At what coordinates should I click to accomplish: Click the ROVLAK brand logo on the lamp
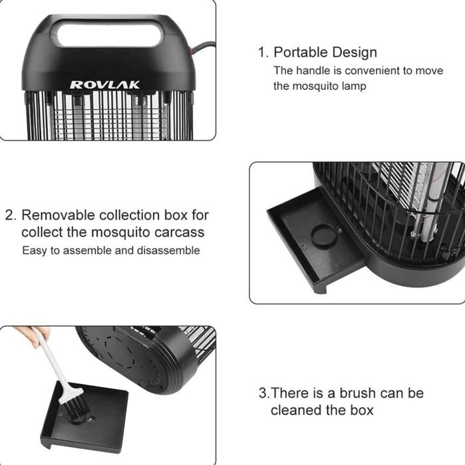(x=104, y=84)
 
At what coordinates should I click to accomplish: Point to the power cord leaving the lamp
(x=202, y=48)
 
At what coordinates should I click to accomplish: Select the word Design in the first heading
(x=351, y=53)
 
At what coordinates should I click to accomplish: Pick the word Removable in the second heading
(x=58, y=215)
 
